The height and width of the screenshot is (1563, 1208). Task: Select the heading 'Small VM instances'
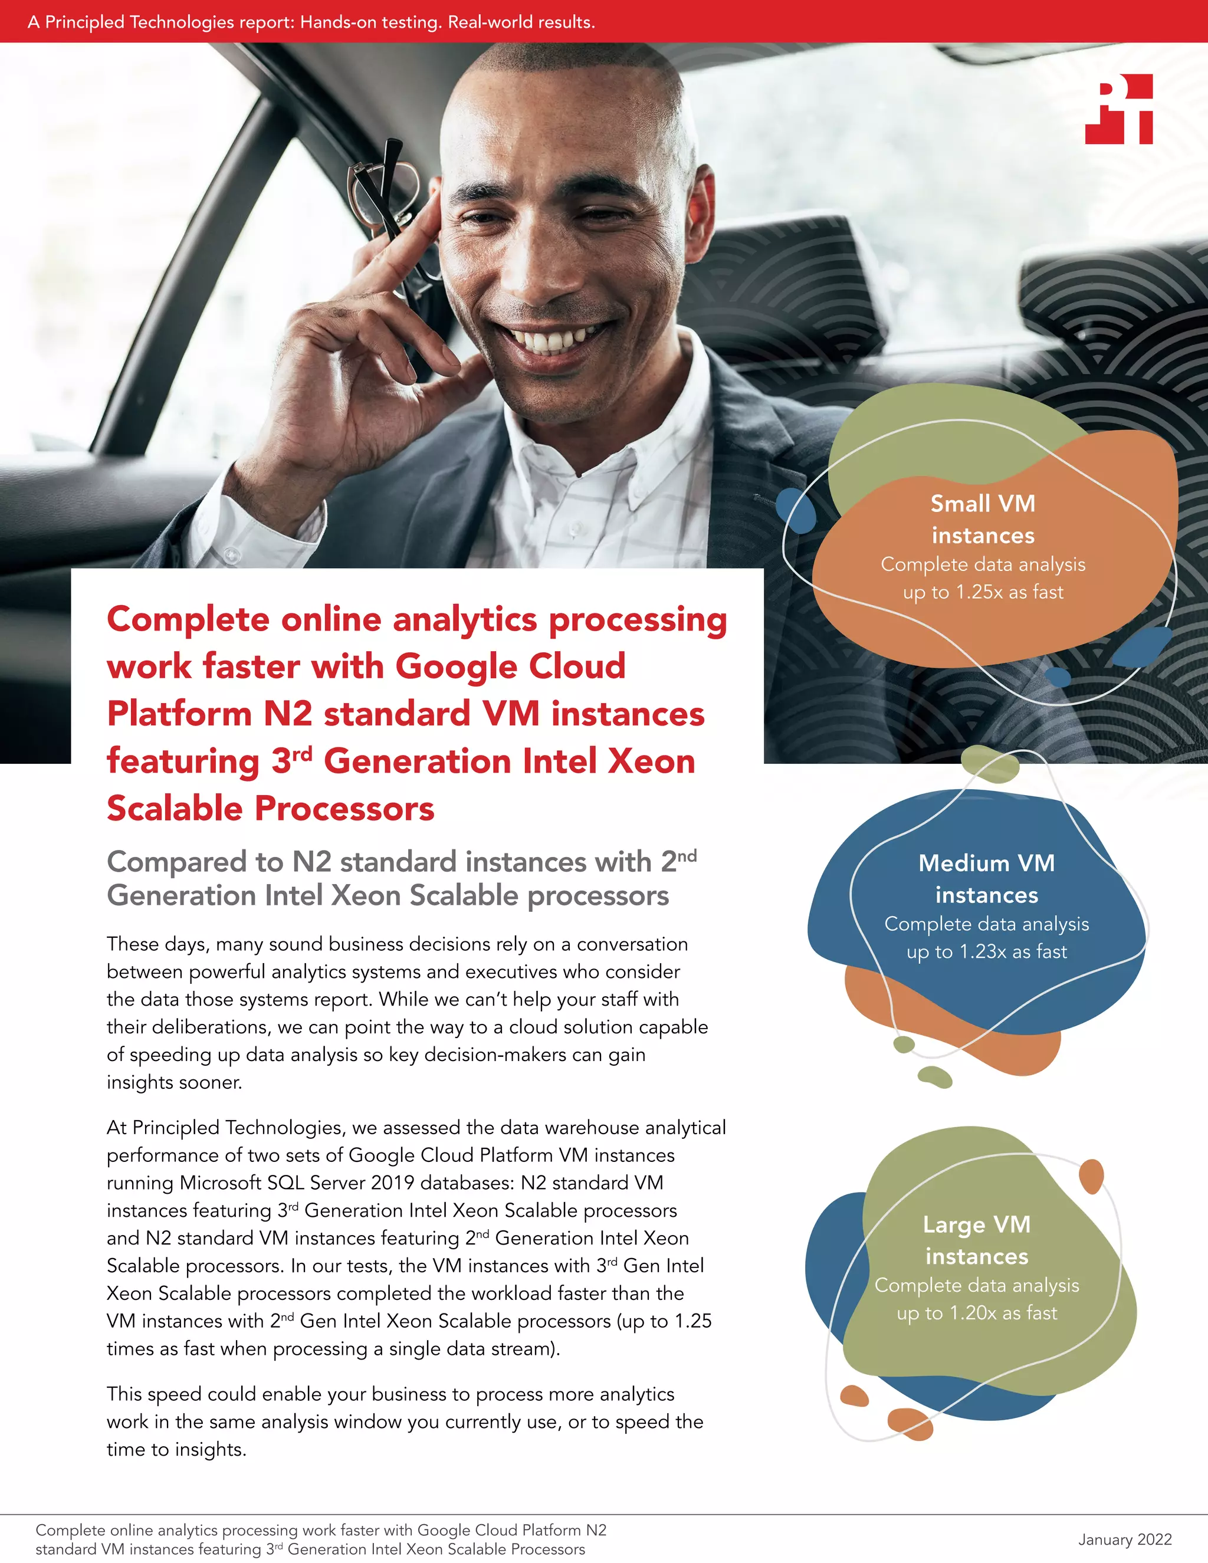pyautogui.click(x=983, y=519)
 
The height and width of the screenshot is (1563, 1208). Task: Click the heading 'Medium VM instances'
pyautogui.click(x=986, y=878)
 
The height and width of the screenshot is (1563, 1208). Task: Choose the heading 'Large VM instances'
pyautogui.click(x=976, y=1240)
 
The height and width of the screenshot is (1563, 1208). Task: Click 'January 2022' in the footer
pyautogui.click(x=1124, y=1539)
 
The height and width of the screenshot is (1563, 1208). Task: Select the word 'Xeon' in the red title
pyautogui.click(x=651, y=760)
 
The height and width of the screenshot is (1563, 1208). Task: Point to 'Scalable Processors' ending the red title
pyautogui.click(x=271, y=808)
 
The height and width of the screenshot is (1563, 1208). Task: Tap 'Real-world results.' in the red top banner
pyautogui.click(x=521, y=22)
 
